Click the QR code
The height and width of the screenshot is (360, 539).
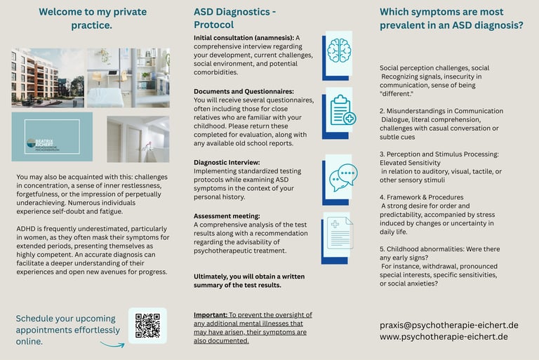(147, 326)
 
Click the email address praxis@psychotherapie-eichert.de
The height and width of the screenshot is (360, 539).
(449, 325)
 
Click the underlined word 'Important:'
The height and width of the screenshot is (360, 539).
(210, 315)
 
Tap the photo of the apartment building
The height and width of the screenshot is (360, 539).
(46, 77)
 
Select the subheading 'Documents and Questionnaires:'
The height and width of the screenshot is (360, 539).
(244, 91)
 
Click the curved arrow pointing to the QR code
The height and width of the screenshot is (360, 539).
(112, 344)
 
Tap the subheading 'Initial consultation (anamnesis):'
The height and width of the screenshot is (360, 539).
(244, 37)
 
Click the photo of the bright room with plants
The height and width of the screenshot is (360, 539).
(128, 77)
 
